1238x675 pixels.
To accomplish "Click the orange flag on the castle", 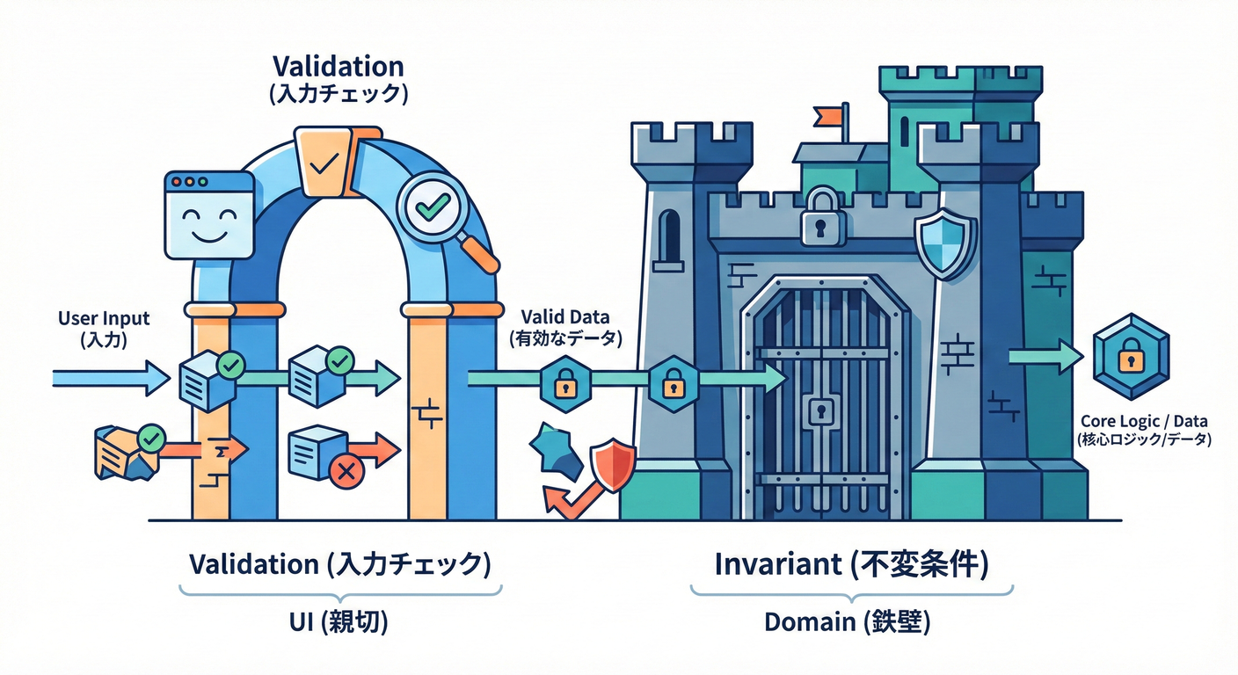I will point(828,115).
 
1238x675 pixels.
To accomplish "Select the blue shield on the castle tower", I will point(945,243).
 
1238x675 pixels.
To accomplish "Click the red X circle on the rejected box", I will point(346,472).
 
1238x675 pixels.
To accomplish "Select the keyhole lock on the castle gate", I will point(820,410).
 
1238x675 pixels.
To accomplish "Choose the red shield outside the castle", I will point(613,466).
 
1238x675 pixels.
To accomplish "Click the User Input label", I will point(104,328).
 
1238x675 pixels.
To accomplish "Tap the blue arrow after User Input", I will point(110,378).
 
